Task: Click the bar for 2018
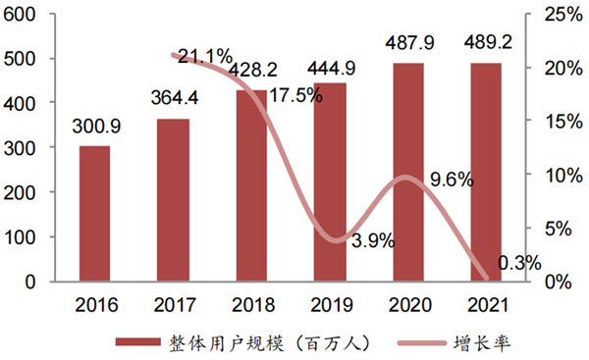point(250,185)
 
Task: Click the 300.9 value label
point(94,128)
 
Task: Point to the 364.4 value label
point(174,100)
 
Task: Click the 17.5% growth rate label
point(295,97)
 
